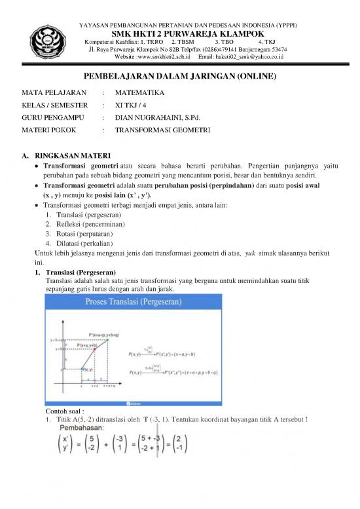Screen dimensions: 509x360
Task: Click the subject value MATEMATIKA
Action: tap(139, 92)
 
